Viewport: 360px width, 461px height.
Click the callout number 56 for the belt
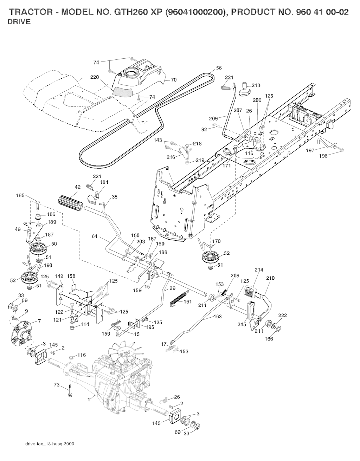point(219,68)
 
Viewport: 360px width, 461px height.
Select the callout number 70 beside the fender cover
point(173,80)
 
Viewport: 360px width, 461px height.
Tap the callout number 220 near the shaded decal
point(94,77)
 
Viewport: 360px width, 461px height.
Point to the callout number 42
point(78,187)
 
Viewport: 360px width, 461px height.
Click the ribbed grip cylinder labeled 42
point(70,203)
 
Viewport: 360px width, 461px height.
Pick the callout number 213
point(256,85)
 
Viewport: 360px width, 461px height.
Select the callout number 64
point(95,237)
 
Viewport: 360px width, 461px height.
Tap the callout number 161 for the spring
point(188,301)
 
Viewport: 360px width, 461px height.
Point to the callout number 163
point(218,317)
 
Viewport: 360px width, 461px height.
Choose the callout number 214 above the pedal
point(259,270)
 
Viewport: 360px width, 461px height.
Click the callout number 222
point(283,315)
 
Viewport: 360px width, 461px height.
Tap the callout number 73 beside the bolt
point(57,385)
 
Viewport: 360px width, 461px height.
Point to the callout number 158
point(71,277)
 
